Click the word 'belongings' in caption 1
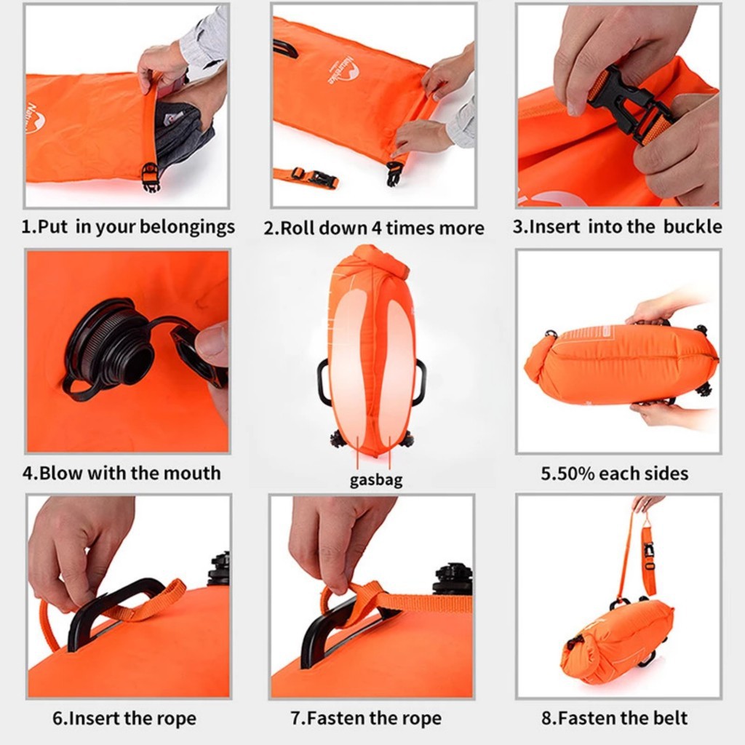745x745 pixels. click(190, 227)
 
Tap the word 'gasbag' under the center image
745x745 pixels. click(375, 481)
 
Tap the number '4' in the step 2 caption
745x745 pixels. click(376, 228)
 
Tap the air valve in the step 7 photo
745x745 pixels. click(452, 578)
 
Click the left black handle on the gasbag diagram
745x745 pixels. click(323, 383)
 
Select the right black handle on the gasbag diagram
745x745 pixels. click(420, 383)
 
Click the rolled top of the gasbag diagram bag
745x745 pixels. click(371, 262)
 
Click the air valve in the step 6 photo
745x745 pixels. click(218, 569)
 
